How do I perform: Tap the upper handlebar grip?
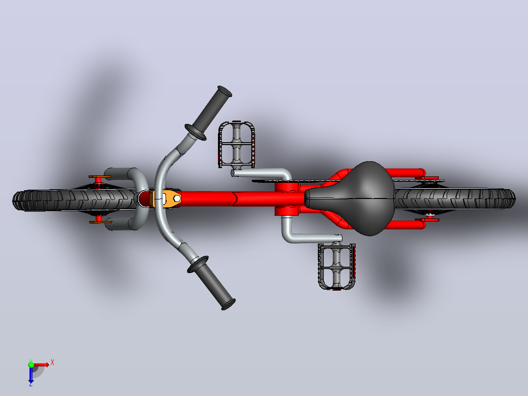[x=209, y=113]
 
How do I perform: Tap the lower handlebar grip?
[x=212, y=282]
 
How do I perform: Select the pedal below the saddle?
[x=336, y=266]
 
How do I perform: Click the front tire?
[x=74, y=200]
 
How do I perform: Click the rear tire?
[x=455, y=198]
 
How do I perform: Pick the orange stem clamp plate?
[x=167, y=198]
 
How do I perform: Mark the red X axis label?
[x=52, y=363]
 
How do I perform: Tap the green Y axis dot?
[x=31, y=364]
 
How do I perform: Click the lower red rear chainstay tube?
[x=404, y=225]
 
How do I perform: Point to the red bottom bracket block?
[x=287, y=199]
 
